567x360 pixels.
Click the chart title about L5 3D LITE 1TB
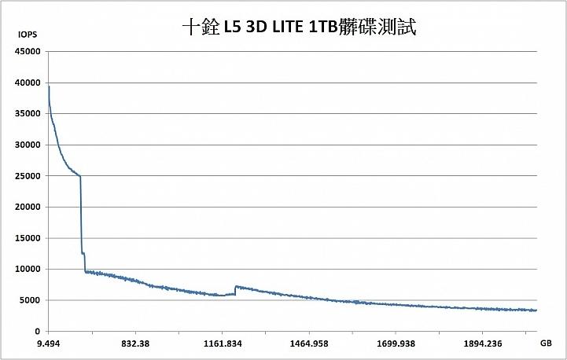[x=298, y=28]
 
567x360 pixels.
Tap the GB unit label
[x=546, y=343]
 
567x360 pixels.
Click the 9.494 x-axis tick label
[x=49, y=343]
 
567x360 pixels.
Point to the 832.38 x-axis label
[x=135, y=343]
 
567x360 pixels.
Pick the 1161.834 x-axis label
[x=223, y=343]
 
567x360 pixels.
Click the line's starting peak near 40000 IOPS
[x=49, y=85]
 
